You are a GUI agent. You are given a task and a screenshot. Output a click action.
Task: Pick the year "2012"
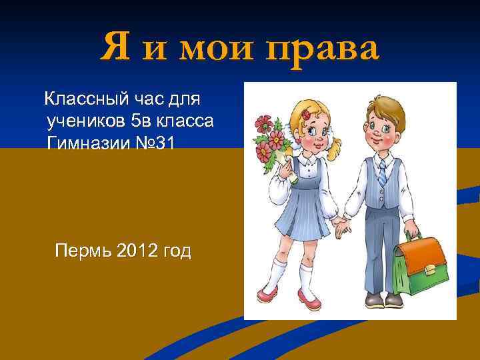(139, 251)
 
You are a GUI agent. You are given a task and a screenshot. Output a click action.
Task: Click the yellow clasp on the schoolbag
(430, 269)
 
